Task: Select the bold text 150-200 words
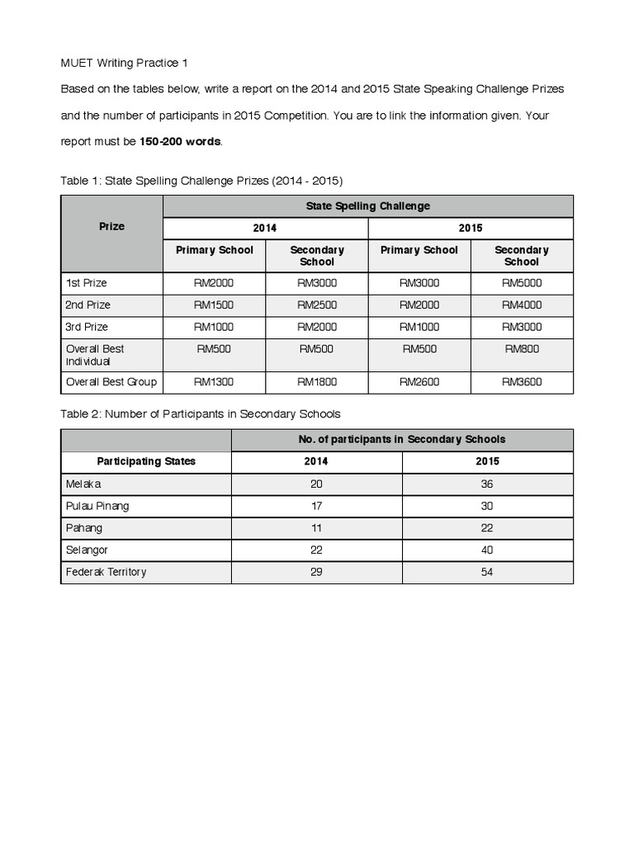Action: click(180, 141)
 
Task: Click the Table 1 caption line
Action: click(201, 180)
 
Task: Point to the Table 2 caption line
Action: click(201, 413)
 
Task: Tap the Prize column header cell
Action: click(111, 226)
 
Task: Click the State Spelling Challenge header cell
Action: click(367, 206)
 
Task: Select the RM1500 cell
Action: click(214, 305)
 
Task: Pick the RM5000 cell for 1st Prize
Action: click(521, 283)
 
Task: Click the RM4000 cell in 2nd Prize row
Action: click(521, 305)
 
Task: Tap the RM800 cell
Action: click(521, 349)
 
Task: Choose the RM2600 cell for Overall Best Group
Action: click(419, 382)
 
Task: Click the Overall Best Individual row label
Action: click(95, 355)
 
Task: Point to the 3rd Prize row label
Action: click(87, 327)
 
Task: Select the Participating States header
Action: click(146, 461)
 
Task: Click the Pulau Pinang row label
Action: click(97, 506)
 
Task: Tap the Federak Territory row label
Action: click(106, 572)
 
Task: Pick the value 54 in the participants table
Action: click(487, 572)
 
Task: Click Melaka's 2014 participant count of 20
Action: click(316, 484)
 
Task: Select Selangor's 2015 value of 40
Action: click(487, 550)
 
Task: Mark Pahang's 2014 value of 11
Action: click(316, 528)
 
